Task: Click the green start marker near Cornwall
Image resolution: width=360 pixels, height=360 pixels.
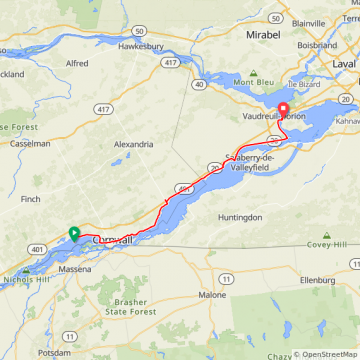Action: point(74,234)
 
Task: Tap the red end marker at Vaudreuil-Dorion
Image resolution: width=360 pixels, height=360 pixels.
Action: point(282,111)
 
